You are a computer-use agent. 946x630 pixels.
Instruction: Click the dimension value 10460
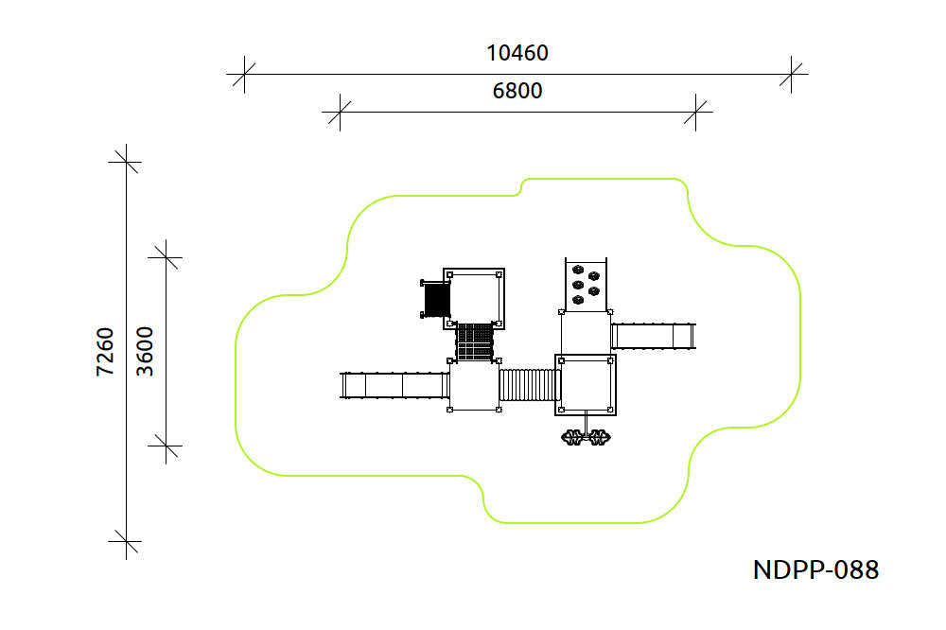517,53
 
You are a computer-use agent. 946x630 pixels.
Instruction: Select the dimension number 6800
517,91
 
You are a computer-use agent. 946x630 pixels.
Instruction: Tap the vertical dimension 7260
105,352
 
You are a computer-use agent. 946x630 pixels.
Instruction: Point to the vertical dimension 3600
145,352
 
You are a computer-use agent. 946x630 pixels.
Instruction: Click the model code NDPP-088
815,569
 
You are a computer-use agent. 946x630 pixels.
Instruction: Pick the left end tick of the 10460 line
244,74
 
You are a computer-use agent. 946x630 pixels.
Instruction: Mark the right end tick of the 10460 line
791,74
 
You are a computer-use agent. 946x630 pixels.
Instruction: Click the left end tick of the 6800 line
341,112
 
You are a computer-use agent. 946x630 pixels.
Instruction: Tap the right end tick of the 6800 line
695,112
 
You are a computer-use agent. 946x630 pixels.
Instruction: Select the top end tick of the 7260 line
126,162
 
